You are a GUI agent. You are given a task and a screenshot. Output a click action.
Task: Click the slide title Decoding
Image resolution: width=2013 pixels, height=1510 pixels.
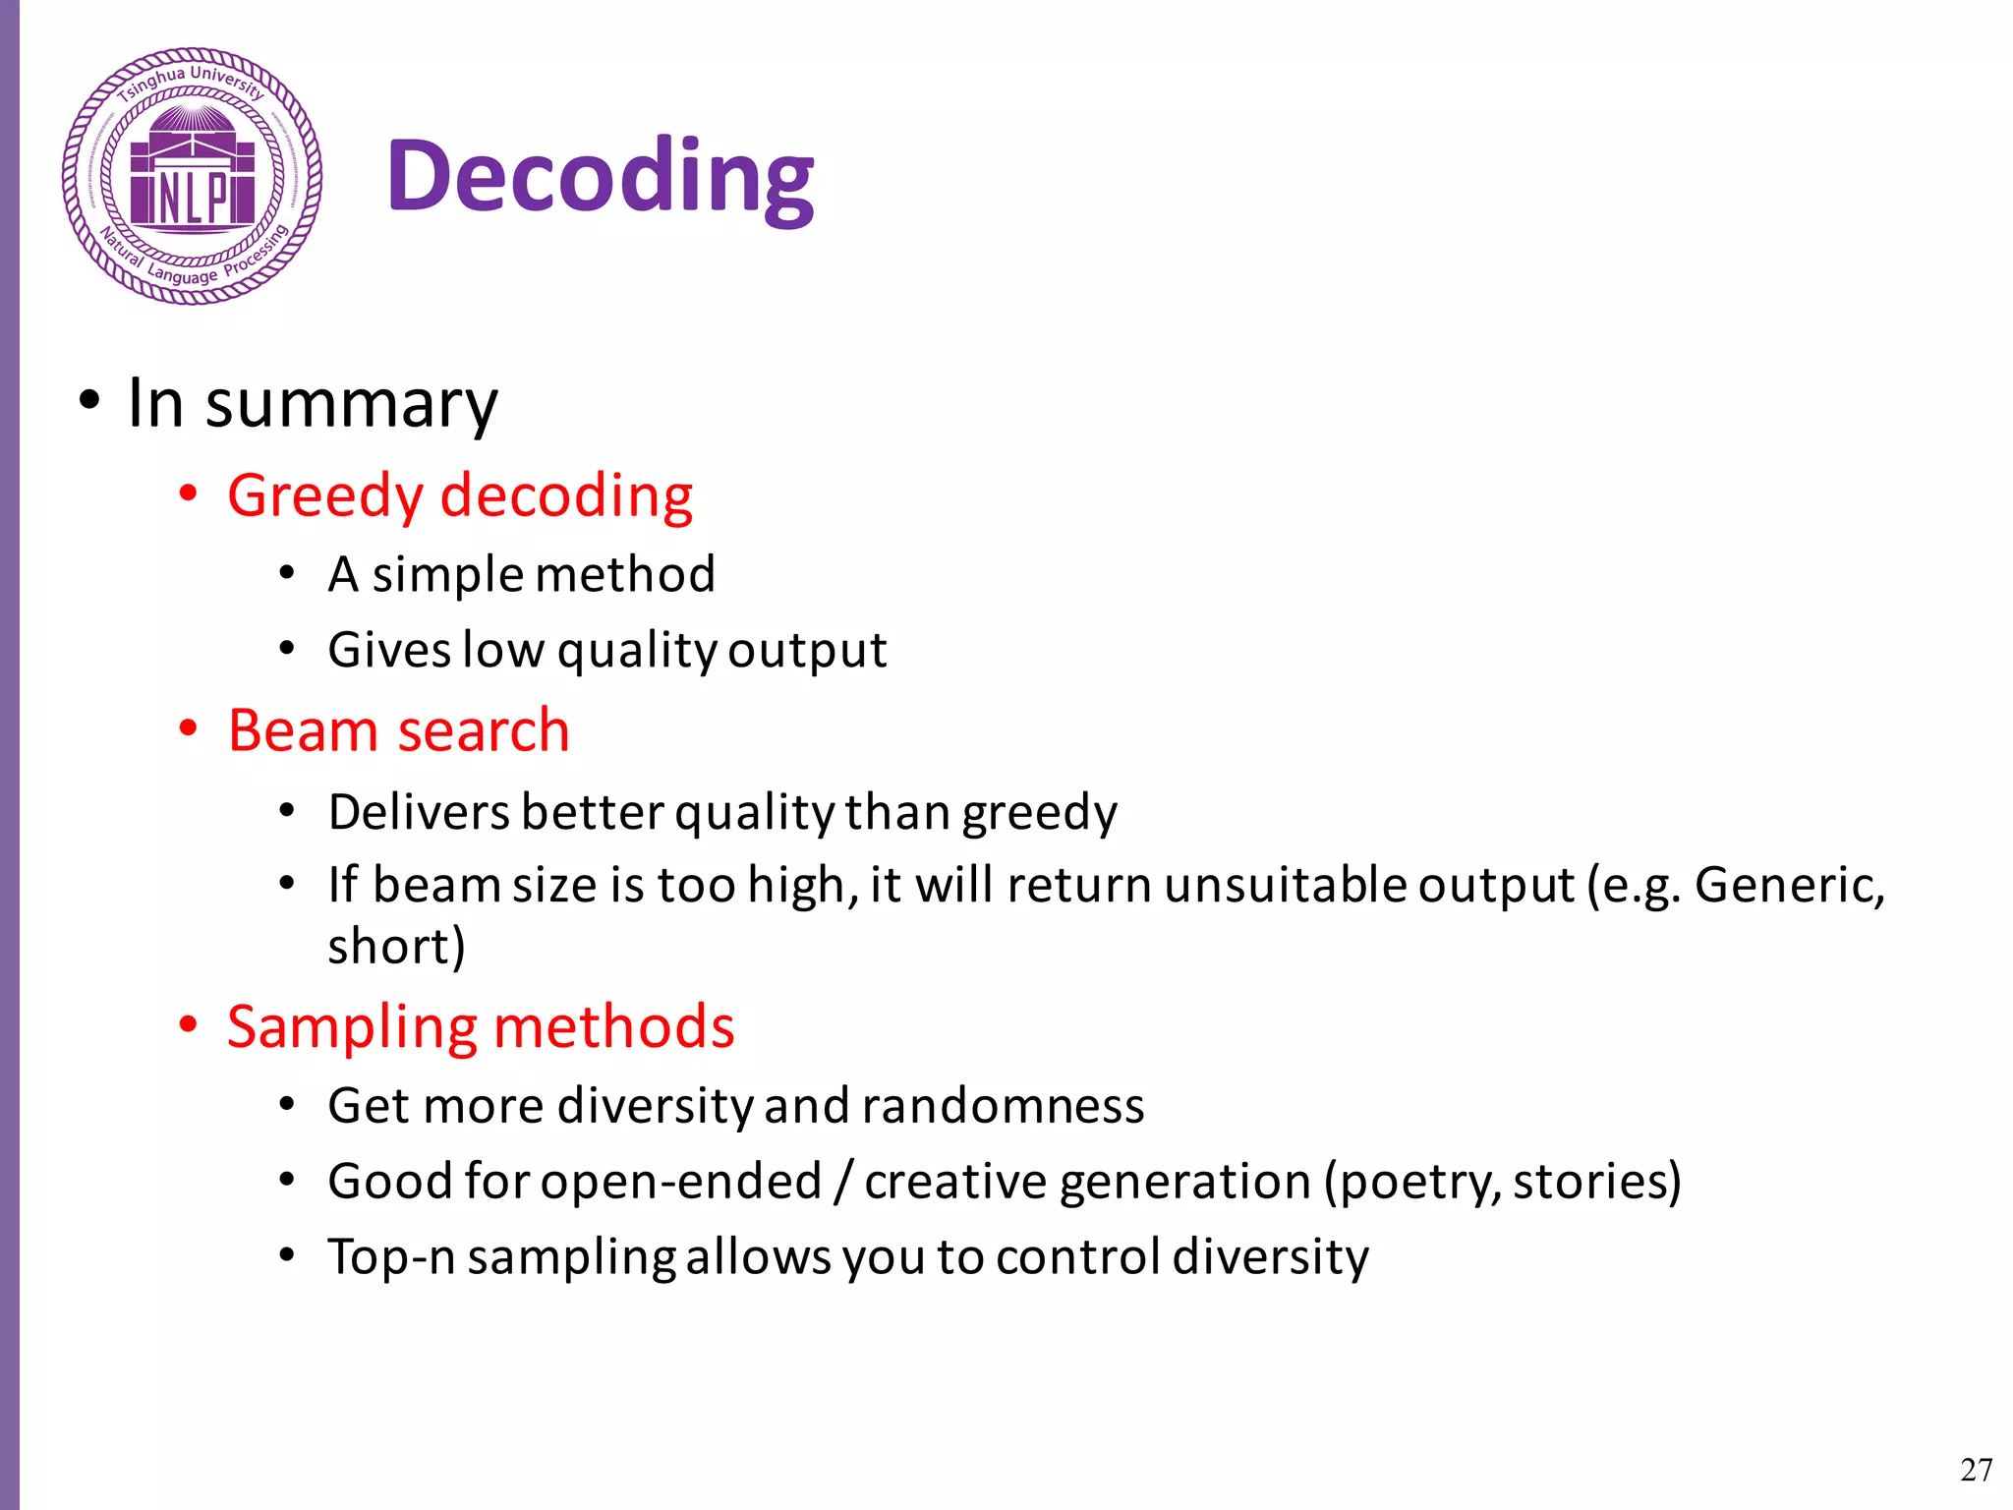pos(600,177)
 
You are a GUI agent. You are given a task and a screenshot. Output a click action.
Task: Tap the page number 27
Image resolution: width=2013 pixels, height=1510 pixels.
pos(1976,1470)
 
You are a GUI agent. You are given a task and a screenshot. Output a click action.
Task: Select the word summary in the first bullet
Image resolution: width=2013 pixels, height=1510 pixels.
pos(351,404)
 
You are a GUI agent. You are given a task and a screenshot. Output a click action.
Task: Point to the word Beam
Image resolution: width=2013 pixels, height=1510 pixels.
pos(303,731)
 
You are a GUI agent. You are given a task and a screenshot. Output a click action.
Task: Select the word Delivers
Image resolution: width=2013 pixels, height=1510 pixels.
pos(419,813)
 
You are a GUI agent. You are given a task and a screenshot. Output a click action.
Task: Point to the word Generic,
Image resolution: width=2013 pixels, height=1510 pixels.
pos(1789,886)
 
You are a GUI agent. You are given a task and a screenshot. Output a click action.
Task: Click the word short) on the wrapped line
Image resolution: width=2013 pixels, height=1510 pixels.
pos(396,947)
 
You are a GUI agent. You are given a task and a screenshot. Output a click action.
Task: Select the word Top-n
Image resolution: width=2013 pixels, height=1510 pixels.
pos(390,1257)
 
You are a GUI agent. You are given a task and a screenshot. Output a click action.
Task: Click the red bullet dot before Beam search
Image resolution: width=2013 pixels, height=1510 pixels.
pos(188,729)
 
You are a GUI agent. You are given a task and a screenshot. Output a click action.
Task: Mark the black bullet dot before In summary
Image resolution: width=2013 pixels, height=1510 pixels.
pos(89,400)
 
